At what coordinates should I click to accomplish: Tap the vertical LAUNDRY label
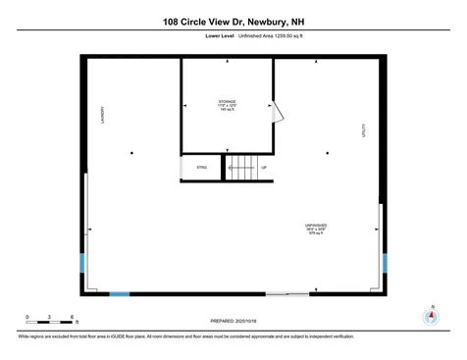pyautogui.click(x=102, y=115)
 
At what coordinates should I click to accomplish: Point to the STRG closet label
pyautogui.click(x=202, y=169)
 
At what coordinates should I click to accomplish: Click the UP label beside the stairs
pyautogui.click(x=264, y=168)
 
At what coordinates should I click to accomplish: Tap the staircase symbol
pyautogui.click(x=241, y=168)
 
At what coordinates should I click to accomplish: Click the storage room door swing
pyautogui.click(x=280, y=116)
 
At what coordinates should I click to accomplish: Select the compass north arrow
pyautogui.click(x=428, y=316)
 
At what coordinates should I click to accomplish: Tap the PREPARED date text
pyautogui.click(x=237, y=321)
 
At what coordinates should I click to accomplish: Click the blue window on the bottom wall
pyautogui.click(x=119, y=293)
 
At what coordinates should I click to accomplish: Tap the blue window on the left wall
pyautogui.click(x=81, y=263)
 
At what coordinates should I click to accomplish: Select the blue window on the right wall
pyautogui.click(x=385, y=263)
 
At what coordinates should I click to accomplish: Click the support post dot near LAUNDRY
pyautogui.click(x=131, y=153)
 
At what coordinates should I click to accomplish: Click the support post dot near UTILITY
pyautogui.click(x=329, y=153)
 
